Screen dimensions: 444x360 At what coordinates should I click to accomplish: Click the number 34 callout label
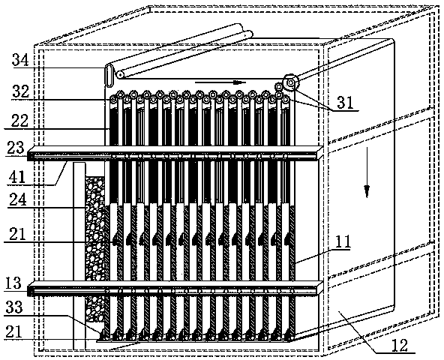click(20, 60)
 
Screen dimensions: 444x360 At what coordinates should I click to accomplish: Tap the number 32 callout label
click(20, 91)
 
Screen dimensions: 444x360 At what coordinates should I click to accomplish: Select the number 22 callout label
click(19, 121)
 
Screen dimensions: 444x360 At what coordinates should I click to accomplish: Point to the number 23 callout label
click(16, 147)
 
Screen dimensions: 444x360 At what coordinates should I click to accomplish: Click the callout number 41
click(16, 177)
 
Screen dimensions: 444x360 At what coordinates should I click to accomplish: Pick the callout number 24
click(17, 199)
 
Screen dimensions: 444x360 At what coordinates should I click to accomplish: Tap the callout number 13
click(13, 283)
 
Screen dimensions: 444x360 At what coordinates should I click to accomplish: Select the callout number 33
click(13, 307)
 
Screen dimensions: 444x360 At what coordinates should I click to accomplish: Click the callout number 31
click(345, 103)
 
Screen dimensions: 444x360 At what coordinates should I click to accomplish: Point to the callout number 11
click(343, 241)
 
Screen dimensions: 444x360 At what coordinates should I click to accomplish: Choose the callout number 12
click(400, 345)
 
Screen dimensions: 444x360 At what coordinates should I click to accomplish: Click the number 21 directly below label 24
click(16, 235)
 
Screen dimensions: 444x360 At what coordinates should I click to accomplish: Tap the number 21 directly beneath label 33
click(13, 331)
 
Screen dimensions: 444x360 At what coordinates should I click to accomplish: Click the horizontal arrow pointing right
click(220, 82)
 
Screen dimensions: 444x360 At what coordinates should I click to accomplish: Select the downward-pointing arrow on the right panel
click(367, 172)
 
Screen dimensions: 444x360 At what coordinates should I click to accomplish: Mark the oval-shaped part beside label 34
click(109, 75)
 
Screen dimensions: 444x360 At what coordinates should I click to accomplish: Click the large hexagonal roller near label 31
click(290, 82)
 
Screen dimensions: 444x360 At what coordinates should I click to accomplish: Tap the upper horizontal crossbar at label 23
click(175, 153)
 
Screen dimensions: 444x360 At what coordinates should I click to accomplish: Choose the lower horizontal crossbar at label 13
click(175, 288)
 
